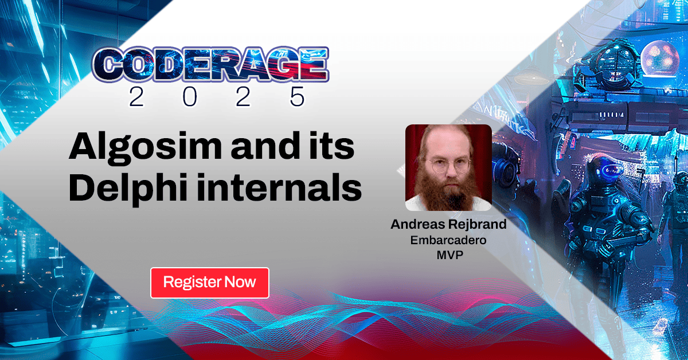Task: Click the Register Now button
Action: tap(209, 283)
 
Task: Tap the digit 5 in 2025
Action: tap(296, 97)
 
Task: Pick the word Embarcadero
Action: tap(449, 240)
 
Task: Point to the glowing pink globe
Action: tap(659, 57)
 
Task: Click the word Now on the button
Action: tap(240, 283)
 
